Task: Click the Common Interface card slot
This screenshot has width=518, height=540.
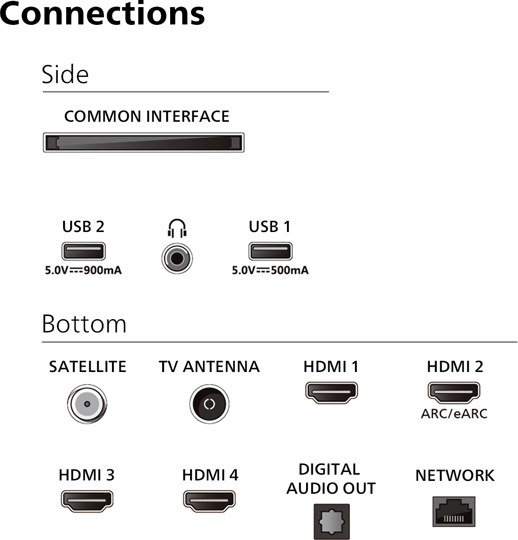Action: [x=143, y=143]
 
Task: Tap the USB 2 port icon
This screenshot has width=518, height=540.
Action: [x=84, y=251]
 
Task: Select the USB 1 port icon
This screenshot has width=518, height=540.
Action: [x=270, y=251]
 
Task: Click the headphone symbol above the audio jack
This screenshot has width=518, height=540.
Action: [x=177, y=229]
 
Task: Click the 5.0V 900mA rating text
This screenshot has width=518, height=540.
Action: [x=83, y=270]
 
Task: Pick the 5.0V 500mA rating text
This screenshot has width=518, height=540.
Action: [x=270, y=270]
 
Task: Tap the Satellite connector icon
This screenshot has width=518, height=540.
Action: [x=88, y=404]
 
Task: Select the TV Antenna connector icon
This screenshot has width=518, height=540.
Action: [x=209, y=404]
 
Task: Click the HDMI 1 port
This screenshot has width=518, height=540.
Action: [x=331, y=392]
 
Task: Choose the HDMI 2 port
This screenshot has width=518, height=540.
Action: [x=454, y=392]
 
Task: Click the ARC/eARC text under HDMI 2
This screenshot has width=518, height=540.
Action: [x=454, y=414]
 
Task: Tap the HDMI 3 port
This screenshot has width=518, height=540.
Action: [x=87, y=501]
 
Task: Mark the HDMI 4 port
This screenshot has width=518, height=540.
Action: [x=209, y=501]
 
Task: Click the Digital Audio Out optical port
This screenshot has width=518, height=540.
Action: [x=331, y=521]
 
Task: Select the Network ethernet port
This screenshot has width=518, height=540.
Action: [x=454, y=512]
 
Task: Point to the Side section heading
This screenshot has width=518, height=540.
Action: [x=65, y=75]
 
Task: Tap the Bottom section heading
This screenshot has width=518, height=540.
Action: [x=84, y=324]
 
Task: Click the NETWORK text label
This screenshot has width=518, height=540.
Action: [x=454, y=476]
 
